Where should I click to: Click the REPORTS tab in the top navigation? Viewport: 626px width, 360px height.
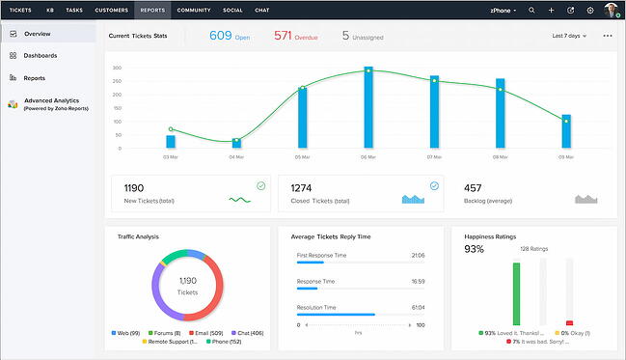click(151, 10)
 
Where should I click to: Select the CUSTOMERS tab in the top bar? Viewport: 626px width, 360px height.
click(111, 10)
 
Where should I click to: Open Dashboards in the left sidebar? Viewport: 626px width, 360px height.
click(40, 56)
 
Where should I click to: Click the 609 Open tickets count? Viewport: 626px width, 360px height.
click(220, 36)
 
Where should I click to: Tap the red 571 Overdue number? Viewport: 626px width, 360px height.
click(283, 36)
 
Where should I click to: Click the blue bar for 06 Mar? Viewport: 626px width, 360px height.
click(368, 107)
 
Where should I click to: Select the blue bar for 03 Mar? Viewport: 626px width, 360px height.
click(171, 141)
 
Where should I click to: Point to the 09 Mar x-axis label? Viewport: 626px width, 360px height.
click(565, 156)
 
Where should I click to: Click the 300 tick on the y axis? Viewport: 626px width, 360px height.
click(117, 69)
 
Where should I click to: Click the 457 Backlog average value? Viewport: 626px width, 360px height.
click(473, 187)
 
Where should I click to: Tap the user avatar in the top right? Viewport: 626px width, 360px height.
click(612, 10)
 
